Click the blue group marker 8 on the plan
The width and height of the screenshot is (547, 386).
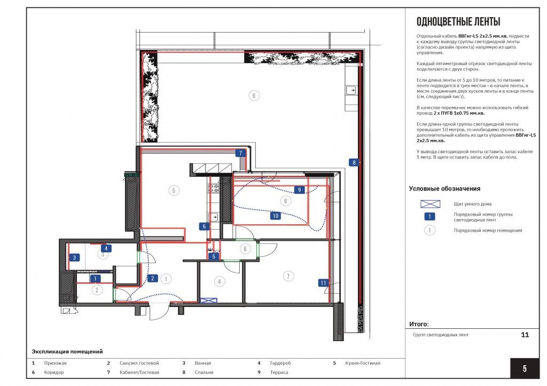point(354,162)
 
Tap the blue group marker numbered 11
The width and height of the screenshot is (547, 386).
point(323,283)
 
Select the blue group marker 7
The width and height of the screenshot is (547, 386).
point(240,153)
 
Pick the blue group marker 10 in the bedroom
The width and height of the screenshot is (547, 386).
point(276,216)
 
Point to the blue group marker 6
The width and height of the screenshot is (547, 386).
point(204,226)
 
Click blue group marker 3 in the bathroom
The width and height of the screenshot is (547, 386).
point(74,257)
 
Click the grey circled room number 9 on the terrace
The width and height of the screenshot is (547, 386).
point(254,96)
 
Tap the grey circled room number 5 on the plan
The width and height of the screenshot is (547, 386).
point(174,191)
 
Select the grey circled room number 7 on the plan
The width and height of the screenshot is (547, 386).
point(288,276)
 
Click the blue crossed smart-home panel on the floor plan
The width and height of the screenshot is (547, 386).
point(208,300)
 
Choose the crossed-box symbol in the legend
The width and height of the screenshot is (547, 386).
point(430,204)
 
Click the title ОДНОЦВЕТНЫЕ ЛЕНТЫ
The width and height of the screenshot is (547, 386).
point(458,21)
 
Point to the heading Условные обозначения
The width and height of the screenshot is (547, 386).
point(444,188)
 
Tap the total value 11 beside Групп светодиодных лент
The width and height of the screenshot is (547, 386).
point(525,335)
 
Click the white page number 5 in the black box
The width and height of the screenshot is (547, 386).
point(525,368)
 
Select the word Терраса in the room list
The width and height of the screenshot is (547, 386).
point(279,373)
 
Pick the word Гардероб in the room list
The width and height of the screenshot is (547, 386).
point(280,363)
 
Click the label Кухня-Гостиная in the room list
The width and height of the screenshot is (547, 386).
point(363,363)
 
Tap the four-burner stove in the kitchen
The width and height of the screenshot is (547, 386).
point(214,188)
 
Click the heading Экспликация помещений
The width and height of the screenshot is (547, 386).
point(67,351)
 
